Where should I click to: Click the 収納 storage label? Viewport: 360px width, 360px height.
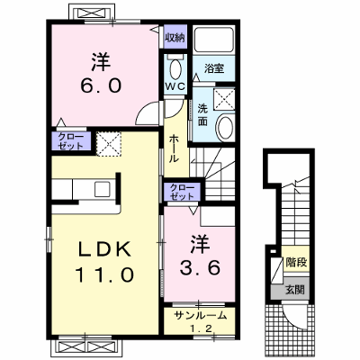(175, 38)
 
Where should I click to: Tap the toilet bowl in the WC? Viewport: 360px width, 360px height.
(175, 67)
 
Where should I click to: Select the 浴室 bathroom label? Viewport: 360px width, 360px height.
(214, 68)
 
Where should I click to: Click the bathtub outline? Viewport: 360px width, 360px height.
(214, 40)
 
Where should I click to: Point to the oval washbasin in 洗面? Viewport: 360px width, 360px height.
(225, 128)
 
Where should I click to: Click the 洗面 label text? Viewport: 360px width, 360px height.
(202, 115)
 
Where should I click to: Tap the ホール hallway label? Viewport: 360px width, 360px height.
(175, 148)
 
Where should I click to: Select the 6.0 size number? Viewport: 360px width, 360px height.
(101, 85)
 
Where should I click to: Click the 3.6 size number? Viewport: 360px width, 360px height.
(200, 267)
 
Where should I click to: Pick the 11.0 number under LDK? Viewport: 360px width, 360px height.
(104, 274)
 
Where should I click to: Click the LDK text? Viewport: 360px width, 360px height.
(104, 249)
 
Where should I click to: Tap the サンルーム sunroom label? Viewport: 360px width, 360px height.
(200, 315)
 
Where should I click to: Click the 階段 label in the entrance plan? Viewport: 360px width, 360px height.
(296, 263)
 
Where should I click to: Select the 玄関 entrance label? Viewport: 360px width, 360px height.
(294, 290)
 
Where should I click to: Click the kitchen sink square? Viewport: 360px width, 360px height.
(103, 189)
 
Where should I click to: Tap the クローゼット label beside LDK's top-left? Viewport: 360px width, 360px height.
(71, 141)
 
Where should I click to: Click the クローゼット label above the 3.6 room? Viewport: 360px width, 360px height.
(182, 192)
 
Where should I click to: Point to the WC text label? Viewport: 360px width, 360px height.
(175, 86)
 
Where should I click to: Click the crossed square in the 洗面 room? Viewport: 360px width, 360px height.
(224, 99)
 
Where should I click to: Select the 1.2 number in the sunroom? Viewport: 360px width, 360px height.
(200, 328)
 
